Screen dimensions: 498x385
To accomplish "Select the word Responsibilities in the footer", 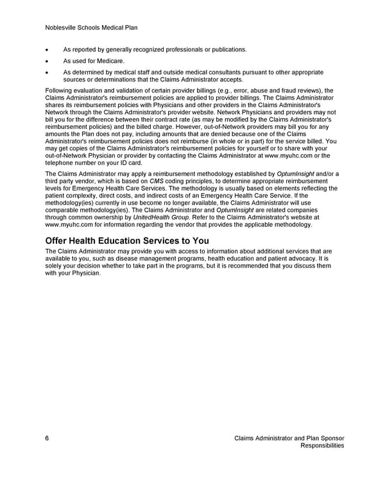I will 322,445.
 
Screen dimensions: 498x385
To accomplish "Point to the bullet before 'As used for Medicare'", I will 48,61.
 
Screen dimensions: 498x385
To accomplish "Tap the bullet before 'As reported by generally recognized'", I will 48,49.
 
